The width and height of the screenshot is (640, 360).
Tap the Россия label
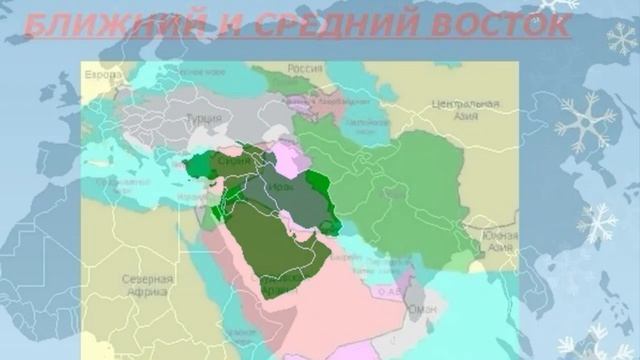[x=305, y=68]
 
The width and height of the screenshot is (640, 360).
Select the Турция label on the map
[x=204, y=118]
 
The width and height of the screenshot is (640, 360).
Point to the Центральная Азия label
[x=465, y=109]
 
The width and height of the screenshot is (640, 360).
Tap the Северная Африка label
[x=148, y=286]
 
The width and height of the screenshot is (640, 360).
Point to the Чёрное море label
[x=203, y=73]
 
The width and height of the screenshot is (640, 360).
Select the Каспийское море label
[x=359, y=126]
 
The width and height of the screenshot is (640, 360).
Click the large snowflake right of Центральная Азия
[x=585, y=123]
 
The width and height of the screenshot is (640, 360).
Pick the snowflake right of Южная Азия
[x=598, y=222]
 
